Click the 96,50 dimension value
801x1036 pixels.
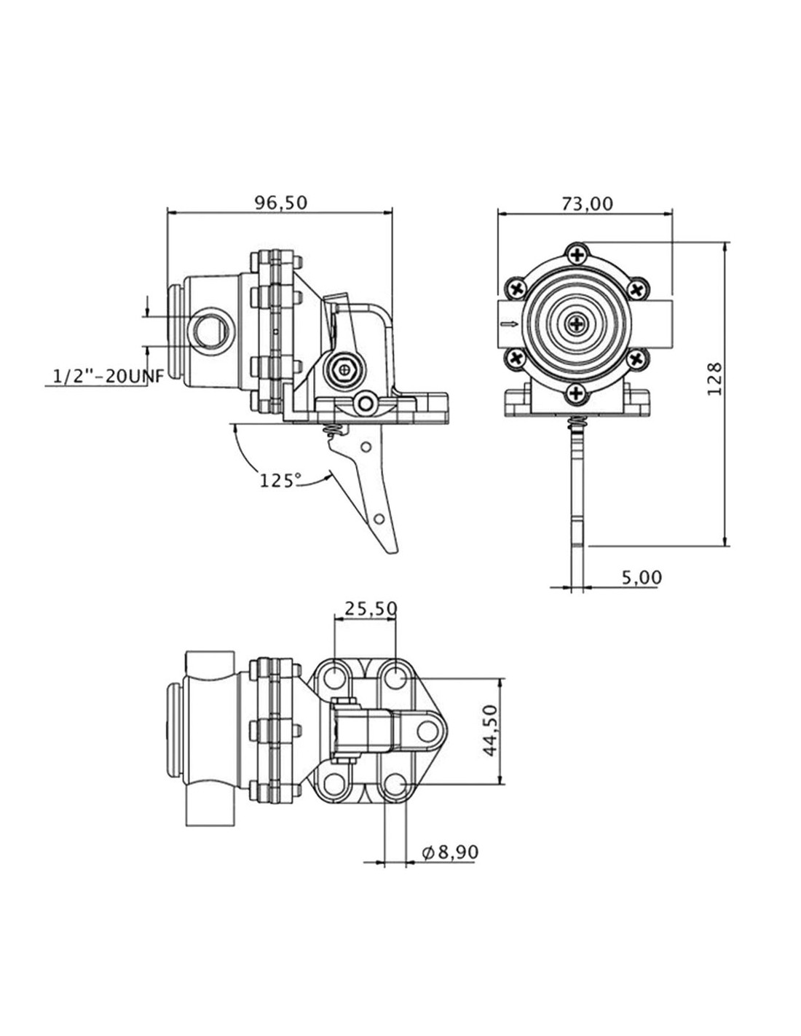tap(280, 203)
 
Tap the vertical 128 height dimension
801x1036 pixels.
tap(714, 379)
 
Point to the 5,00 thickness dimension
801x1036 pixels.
tap(642, 577)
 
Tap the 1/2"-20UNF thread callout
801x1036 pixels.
tap(108, 377)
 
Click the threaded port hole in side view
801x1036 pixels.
tap(209, 331)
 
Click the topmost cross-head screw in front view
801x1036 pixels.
tap(577, 255)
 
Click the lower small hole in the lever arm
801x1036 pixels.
tap(379, 518)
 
